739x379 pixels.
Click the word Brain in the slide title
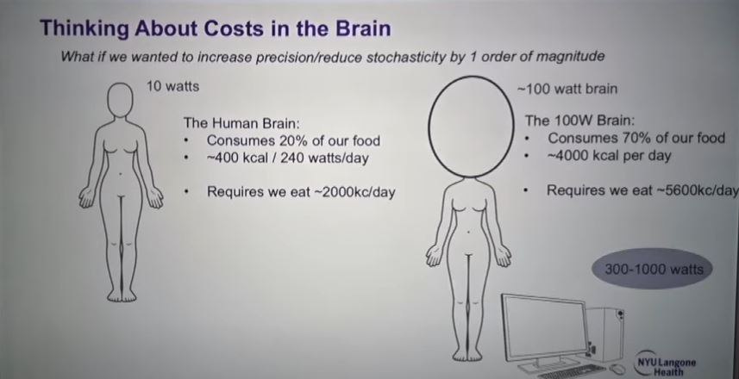(362, 28)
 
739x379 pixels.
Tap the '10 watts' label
(173, 87)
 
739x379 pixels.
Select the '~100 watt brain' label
(567, 89)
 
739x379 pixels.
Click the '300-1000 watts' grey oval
(653, 269)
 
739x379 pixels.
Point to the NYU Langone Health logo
(665, 364)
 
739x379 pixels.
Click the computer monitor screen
(544, 327)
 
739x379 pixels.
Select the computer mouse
(618, 369)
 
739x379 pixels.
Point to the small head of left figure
(121, 100)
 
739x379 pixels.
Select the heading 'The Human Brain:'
(241, 123)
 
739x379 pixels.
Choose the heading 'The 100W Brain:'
(579, 121)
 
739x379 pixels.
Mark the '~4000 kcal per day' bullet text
(609, 155)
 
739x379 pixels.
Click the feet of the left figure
(121, 295)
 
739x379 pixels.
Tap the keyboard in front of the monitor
(572, 370)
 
